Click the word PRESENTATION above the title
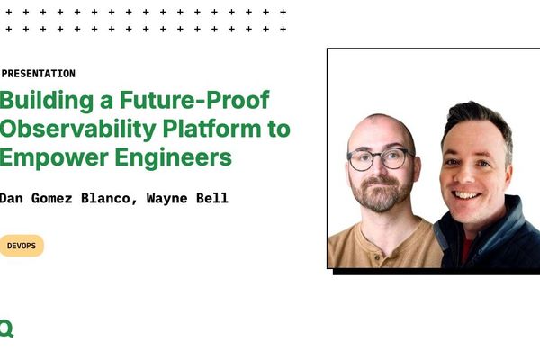tap(39, 74)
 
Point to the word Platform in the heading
tap(213, 129)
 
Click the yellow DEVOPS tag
tap(21, 246)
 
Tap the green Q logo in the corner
tap(6, 328)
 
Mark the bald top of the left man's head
tap(381, 126)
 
